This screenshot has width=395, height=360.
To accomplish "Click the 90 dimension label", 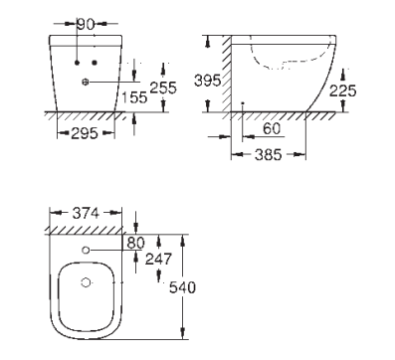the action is [86, 24].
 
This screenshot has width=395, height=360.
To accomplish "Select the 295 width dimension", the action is [85, 133].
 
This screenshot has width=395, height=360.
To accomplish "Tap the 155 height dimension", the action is [134, 97].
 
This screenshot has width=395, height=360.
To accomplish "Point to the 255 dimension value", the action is [163, 88].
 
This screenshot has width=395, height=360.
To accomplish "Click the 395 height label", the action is [207, 81].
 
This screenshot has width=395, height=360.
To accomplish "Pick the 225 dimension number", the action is [343, 90].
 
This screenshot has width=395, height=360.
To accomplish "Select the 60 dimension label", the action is [272, 128].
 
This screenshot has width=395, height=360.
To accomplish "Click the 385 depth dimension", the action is [269, 155].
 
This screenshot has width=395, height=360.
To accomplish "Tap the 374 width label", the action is [86, 213].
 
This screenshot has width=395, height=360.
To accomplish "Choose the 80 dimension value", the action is [136, 243].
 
